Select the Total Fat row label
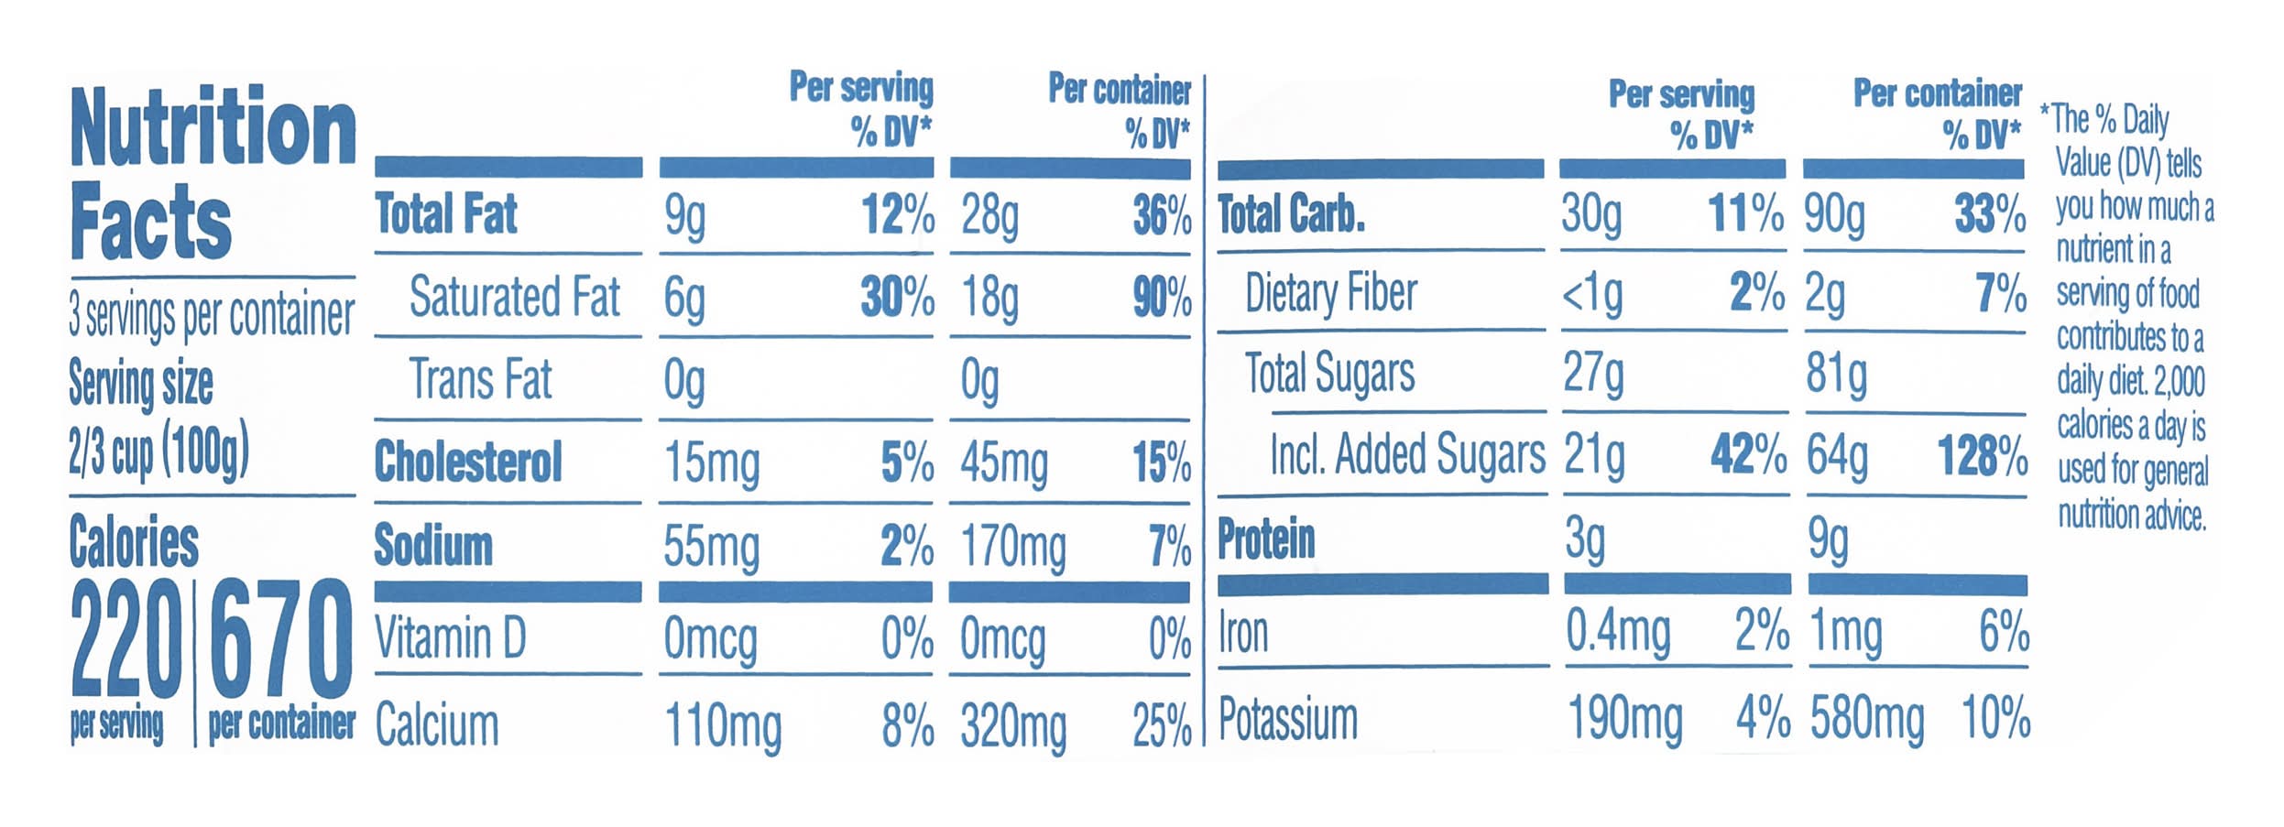446,214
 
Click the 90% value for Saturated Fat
1162,298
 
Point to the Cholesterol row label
468,461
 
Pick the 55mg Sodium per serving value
711,547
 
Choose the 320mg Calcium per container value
1013,727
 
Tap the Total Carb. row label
1291,214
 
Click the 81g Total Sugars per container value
1836,375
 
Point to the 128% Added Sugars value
1982,455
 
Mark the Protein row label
1265,539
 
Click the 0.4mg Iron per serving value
1617,631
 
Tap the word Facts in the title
151,221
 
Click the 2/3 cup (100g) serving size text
158,452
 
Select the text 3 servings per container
211,315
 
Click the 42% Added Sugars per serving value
1747,454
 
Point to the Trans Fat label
480,379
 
